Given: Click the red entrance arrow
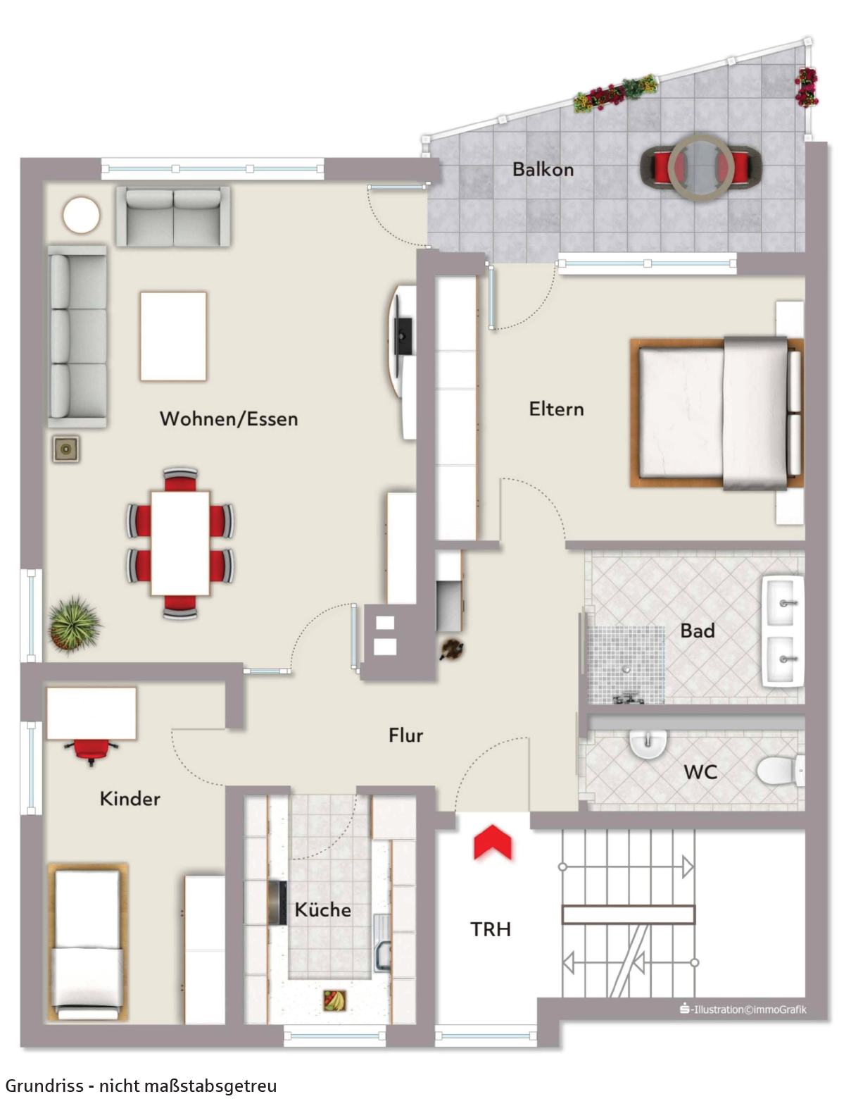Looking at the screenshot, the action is [492, 843].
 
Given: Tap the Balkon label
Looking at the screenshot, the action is [543, 170].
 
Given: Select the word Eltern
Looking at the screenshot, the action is [556, 409].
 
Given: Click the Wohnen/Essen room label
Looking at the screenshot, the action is [229, 418].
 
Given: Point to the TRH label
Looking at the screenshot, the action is [491, 929].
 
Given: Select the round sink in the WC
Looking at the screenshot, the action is [648, 744].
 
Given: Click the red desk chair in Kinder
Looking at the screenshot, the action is [91, 751].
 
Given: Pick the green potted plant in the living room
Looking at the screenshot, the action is [74, 624].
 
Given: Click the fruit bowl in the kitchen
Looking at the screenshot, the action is [334, 1000].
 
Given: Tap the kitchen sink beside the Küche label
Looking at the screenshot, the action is [382, 942].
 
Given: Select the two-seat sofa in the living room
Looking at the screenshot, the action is [173, 217].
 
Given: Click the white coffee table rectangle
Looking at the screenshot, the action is [173, 336].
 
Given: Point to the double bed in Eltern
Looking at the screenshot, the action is [717, 414].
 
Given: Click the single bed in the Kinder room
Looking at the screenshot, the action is [87, 943].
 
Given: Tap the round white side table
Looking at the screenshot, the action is [82, 216].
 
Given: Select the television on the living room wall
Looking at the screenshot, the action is [404, 337].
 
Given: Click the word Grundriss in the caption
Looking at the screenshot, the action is [45, 1086].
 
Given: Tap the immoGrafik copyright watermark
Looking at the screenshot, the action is [743, 1009].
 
